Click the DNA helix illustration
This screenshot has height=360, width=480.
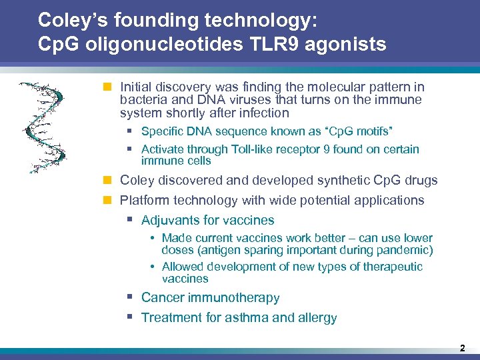pyautogui.click(x=43, y=127)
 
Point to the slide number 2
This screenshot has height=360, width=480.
pyautogui.click(x=461, y=348)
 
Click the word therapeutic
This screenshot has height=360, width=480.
pyautogui.click(x=391, y=267)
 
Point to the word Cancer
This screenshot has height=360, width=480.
pyautogui.click(x=162, y=297)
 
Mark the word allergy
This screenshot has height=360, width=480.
pyautogui.click(x=316, y=317)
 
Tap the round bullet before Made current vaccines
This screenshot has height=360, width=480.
pyautogui.click(x=153, y=239)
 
